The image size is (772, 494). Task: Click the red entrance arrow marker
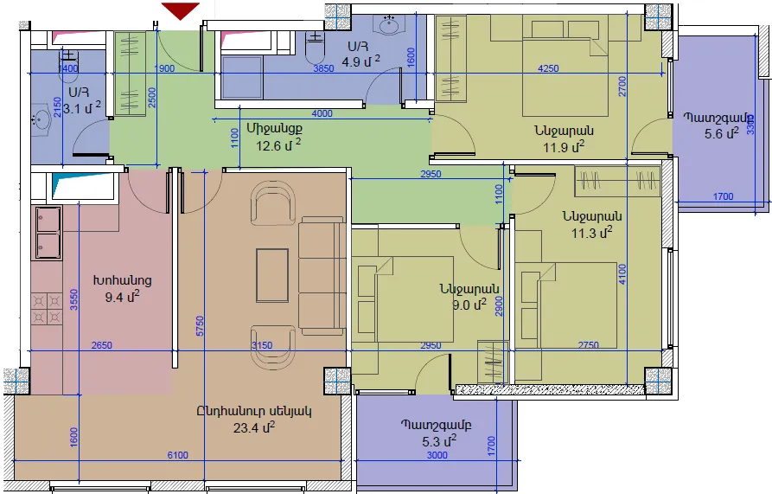[x=181, y=10]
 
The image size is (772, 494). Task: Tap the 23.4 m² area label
[x=254, y=427]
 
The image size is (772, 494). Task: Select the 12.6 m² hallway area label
[x=278, y=145]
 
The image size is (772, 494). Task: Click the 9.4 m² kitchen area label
[x=122, y=297]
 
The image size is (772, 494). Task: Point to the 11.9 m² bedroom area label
[x=564, y=147]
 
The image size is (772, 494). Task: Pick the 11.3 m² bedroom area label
[x=592, y=232]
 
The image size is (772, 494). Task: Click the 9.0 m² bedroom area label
[x=469, y=305]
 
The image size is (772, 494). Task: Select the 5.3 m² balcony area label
[x=439, y=441]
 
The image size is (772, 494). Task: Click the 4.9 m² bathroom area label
[x=360, y=61]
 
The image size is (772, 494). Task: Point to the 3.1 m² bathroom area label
[x=82, y=107]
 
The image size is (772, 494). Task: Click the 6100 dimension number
[x=178, y=455]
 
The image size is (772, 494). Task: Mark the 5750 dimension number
[x=200, y=326]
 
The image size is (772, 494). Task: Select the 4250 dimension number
[x=548, y=68]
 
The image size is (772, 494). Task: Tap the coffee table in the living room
[x=272, y=275]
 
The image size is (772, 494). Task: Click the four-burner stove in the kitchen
[x=48, y=309]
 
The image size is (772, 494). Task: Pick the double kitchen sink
[x=48, y=233]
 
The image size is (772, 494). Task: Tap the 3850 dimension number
[x=323, y=68]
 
